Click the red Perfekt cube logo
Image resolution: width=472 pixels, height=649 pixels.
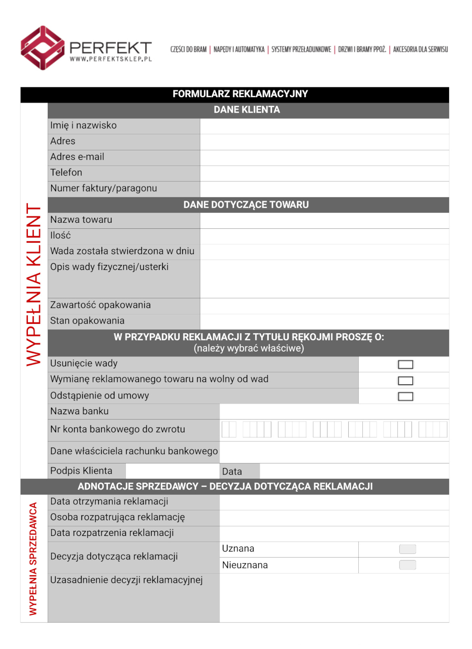click(x=42, y=48)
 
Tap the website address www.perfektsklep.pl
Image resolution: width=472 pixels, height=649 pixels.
click(x=110, y=59)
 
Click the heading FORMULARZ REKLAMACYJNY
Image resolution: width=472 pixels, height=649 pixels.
click(x=240, y=94)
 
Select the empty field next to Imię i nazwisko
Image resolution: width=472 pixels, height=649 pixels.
click(x=324, y=126)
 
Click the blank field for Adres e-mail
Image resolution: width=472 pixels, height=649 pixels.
click(x=324, y=158)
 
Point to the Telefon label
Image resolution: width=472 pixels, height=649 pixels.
click(x=66, y=173)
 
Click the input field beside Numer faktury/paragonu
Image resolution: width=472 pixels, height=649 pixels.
click(x=324, y=189)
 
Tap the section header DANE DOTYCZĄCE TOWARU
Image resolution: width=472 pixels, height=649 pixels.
click(x=246, y=205)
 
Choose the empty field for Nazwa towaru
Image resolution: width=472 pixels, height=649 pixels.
click(x=324, y=220)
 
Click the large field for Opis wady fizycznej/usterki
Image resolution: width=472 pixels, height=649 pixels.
click(x=324, y=279)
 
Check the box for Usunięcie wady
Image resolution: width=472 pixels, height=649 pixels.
click(x=405, y=365)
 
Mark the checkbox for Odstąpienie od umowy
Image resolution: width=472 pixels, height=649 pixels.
click(x=405, y=396)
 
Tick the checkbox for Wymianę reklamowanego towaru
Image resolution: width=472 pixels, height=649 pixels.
click(x=405, y=381)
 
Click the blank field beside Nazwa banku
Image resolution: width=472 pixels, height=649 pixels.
click(x=334, y=412)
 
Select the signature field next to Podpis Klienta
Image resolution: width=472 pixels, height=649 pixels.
click(x=172, y=471)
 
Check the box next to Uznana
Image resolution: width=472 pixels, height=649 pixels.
click(x=407, y=549)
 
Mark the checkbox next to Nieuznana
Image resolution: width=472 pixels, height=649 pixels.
click(x=407, y=565)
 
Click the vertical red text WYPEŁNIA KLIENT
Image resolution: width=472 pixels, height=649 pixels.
click(x=34, y=284)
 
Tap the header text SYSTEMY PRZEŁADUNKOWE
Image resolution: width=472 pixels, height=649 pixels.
click(x=301, y=50)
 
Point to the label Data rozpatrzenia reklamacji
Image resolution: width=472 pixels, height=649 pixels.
click(x=112, y=533)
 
